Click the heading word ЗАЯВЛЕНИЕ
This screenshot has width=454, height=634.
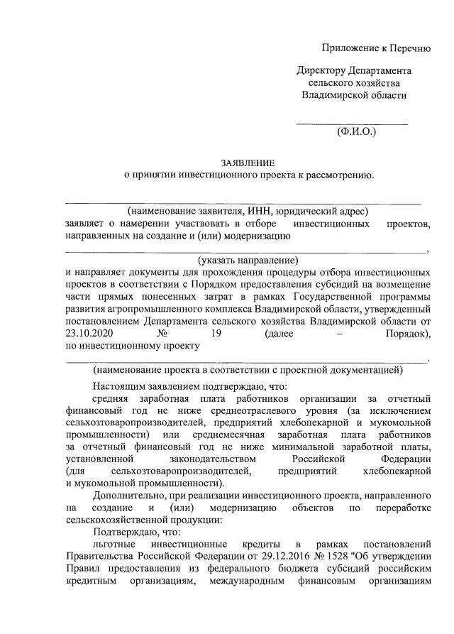(x=246, y=163)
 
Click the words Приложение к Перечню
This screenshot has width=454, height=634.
(x=376, y=48)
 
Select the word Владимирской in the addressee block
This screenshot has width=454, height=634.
(x=332, y=95)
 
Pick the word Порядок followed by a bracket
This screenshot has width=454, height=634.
(x=409, y=334)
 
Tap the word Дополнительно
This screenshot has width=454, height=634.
(x=128, y=495)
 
